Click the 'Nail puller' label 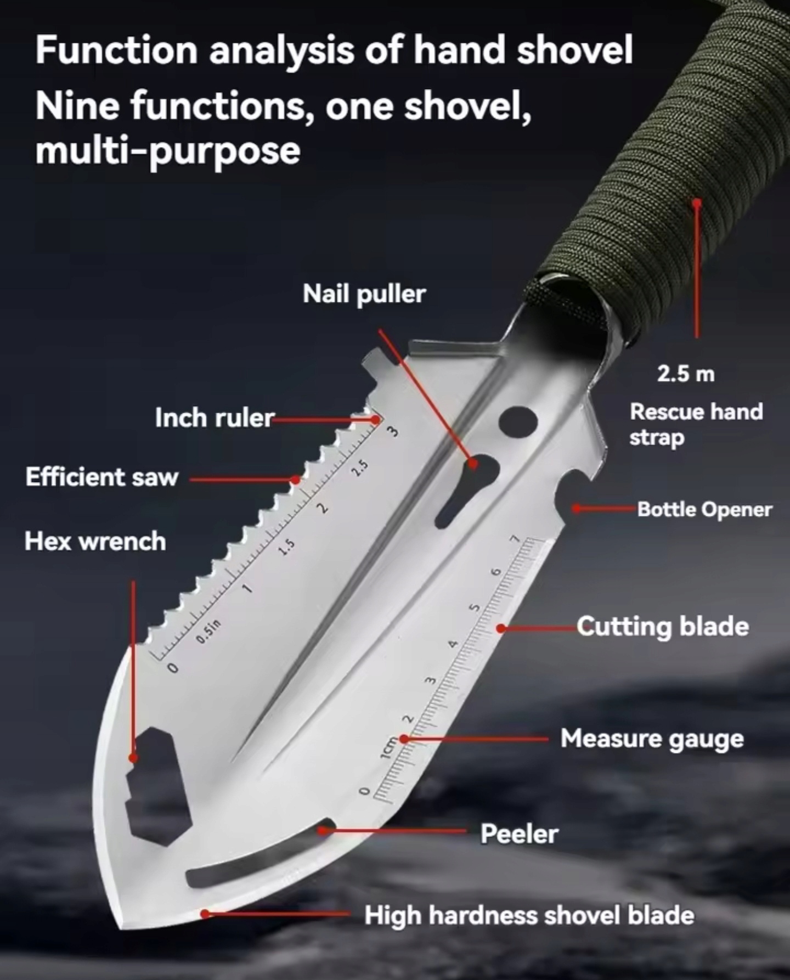364,295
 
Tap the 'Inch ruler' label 215,418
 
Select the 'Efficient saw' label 102,477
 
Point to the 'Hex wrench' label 95,541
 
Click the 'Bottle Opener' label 704,510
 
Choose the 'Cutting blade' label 663,627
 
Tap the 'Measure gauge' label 652,739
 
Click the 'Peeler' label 519,834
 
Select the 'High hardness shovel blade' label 529,915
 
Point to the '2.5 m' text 686,374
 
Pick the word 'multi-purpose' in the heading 168,151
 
